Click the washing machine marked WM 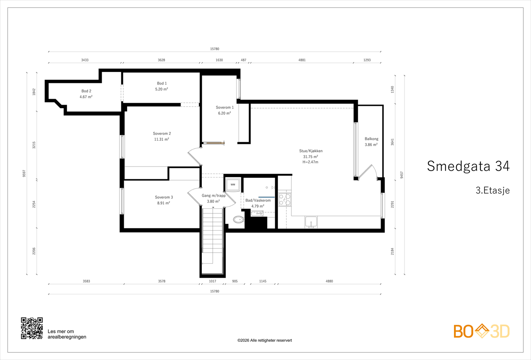click(233, 184)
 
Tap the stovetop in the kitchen click(285, 199)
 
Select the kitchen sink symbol click(311, 222)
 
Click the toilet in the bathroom click(239, 219)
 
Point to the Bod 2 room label click(86, 91)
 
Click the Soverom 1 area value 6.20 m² click(224, 113)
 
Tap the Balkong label click(371, 139)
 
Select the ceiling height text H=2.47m click(310, 162)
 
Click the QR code click(32, 328)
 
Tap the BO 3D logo click(482, 331)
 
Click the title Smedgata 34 click(468, 166)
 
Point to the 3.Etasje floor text click(493, 190)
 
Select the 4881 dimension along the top click(302, 60)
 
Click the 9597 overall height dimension click(24, 174)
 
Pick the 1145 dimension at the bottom click(263, 281)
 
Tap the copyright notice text click(265, 340)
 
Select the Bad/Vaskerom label click(258, 200)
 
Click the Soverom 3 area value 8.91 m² click(164, 203)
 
